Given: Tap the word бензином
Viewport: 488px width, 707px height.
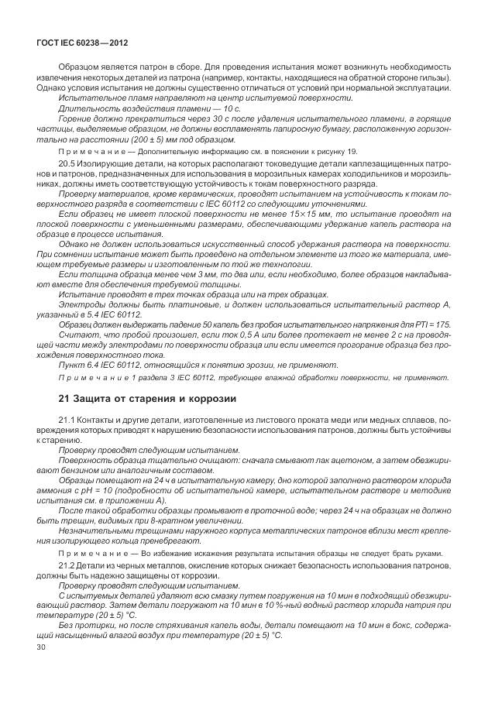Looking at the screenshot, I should [67, 469].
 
